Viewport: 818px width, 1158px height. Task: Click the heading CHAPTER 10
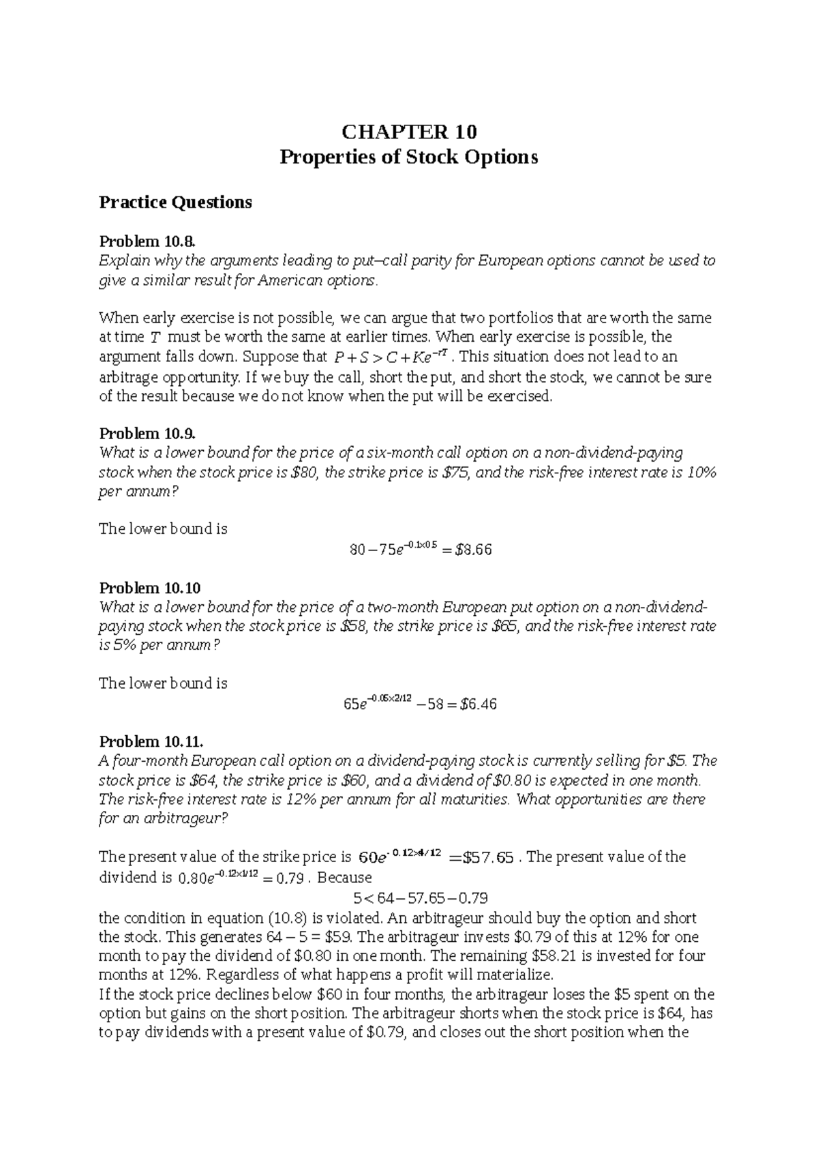point(409,131)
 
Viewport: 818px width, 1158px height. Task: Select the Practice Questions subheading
point(175,202)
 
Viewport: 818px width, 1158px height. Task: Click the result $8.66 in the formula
point(472,550)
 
